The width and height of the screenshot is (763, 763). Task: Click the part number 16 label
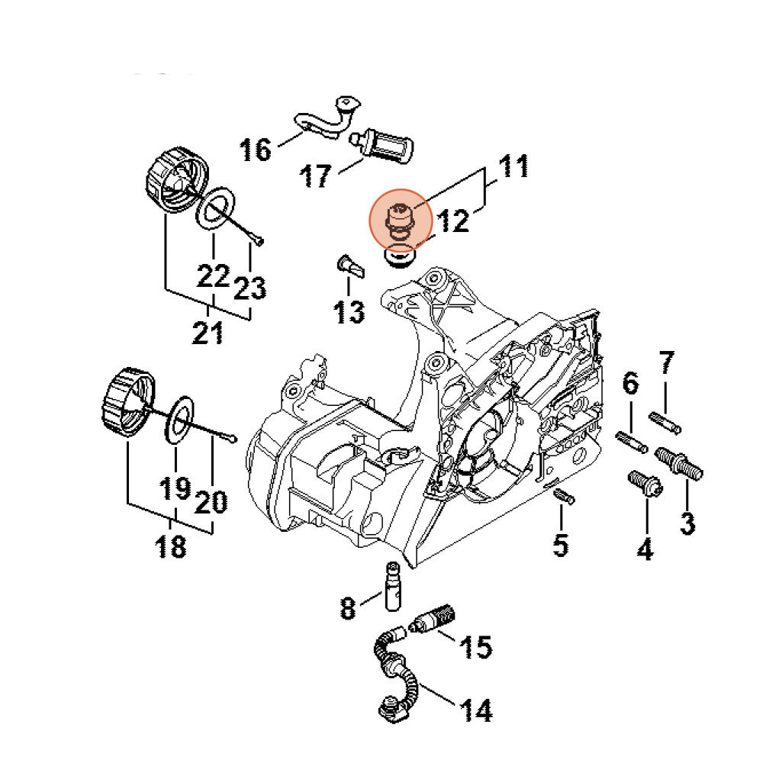[x=256, y=149]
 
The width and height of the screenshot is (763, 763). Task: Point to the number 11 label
[x=513, y=166]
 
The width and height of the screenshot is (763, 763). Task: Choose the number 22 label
[x=213, y=274]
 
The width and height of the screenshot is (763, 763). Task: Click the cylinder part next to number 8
[x=394, y=587]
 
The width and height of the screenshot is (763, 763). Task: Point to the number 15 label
[x=474, y=647]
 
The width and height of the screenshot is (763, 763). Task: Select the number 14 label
[x=474, y=710]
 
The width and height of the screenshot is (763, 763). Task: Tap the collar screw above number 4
[x=642, y=483]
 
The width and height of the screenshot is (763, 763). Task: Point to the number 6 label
[x=631, y=384]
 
